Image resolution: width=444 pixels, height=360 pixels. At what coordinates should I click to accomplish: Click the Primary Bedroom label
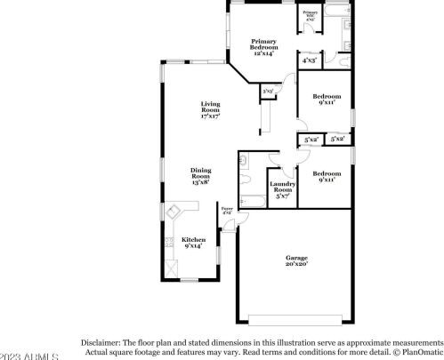(x=262, y=47)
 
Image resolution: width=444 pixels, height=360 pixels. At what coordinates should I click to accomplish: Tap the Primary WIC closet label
(x=311, y=15)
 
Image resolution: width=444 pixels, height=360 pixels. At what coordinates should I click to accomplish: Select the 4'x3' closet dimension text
(x=310, y=61)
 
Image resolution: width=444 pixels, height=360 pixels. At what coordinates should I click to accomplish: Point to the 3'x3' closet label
(x=267, y=91)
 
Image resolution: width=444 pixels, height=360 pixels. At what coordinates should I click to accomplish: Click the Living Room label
(x=210, y=111)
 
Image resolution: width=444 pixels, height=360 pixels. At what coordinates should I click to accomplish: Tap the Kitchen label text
(x=193, y=241)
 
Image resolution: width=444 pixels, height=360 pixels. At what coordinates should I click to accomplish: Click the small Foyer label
(x=227, y=211)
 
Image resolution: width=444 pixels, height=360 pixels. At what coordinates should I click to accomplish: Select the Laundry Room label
(x=282, y=188)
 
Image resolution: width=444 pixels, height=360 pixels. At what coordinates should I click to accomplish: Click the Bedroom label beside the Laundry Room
(x=327, y=176)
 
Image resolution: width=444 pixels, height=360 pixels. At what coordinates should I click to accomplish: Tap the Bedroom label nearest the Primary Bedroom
(x=327, y=99)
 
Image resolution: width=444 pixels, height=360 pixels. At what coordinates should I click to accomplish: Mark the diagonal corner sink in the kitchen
(x=173, y=211)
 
